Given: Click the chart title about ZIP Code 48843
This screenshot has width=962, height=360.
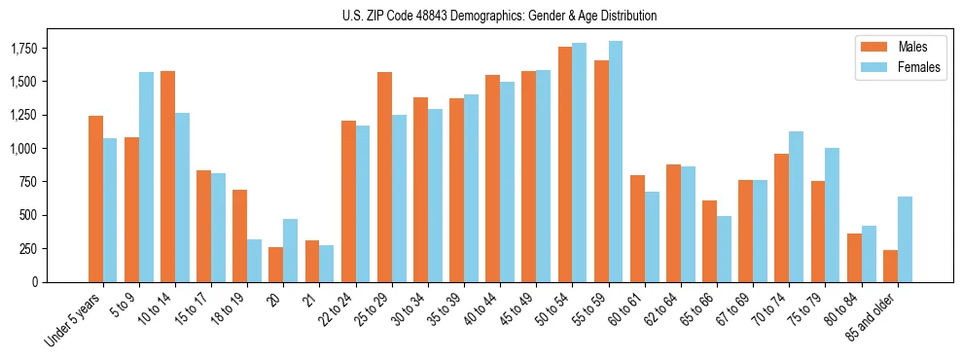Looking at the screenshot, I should coord(500,16).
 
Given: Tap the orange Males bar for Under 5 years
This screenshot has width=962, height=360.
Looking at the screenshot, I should coord(95,198).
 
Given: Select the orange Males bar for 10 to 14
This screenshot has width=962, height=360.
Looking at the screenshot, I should coord(167,176).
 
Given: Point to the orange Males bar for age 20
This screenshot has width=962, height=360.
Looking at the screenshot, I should coord(276,264).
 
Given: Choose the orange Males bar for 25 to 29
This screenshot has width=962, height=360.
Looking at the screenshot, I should coord(384,176).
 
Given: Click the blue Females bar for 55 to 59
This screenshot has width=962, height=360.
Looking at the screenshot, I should coord(615,162).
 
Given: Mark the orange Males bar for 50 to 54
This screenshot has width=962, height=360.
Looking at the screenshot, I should coord(564,164).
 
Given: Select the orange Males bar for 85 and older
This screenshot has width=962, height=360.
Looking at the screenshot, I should coord(890,266).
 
